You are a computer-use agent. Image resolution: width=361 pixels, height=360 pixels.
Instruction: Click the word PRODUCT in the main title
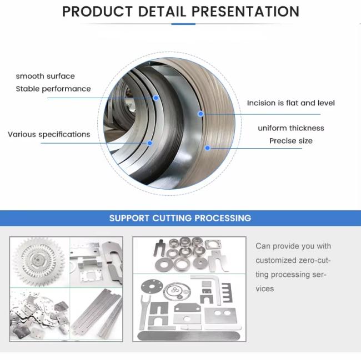pyautogui.click(x=97, y=12)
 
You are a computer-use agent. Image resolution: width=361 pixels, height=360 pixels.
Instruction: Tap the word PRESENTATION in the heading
pyautogui.click(x=245, y=12)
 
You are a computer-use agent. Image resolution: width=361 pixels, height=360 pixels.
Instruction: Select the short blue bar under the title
pyautogui.click(x=183, y=24)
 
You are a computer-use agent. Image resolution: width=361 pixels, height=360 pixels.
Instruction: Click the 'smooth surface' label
pyautogui.click(x=46, y=76)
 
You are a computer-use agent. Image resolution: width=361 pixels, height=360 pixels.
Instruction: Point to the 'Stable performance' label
pyautogui.click(x=53, y=89)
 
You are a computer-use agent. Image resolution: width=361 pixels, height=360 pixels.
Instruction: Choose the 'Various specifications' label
pyautogui.click(x=49, y=134)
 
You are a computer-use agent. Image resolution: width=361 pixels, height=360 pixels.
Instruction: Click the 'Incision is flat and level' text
pyautogui.click(x=291, y=103)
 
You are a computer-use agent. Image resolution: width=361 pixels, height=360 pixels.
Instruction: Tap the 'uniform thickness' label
pyautogui.click(x=291, y=128)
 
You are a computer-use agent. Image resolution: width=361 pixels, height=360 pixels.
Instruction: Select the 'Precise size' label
pyautogui.click(x=291, y=141)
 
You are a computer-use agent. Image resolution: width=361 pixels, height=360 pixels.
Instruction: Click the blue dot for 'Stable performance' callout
pyautogui.click(x=156, y=98)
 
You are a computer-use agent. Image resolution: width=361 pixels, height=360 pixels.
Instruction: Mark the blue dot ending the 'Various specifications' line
pyautogui.click(x=149, y=143)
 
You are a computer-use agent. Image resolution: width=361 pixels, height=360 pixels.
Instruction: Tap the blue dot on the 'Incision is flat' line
pyautogui.click(x=200, y=114)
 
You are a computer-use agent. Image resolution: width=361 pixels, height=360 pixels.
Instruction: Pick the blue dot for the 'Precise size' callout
pyautogui.click(x=208, y=148)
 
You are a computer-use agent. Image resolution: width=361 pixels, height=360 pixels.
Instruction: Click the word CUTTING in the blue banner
pyautogui.click(x=172, y=218)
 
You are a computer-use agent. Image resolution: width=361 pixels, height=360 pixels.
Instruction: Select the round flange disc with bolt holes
pyautogui.click(x=152, y=286)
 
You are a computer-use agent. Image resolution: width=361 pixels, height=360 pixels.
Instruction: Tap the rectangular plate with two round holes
pyautogui.click(x=220, y=315)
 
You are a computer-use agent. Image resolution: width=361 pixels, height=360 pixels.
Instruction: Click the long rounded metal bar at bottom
pyautogui.click(x=189, y=336)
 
